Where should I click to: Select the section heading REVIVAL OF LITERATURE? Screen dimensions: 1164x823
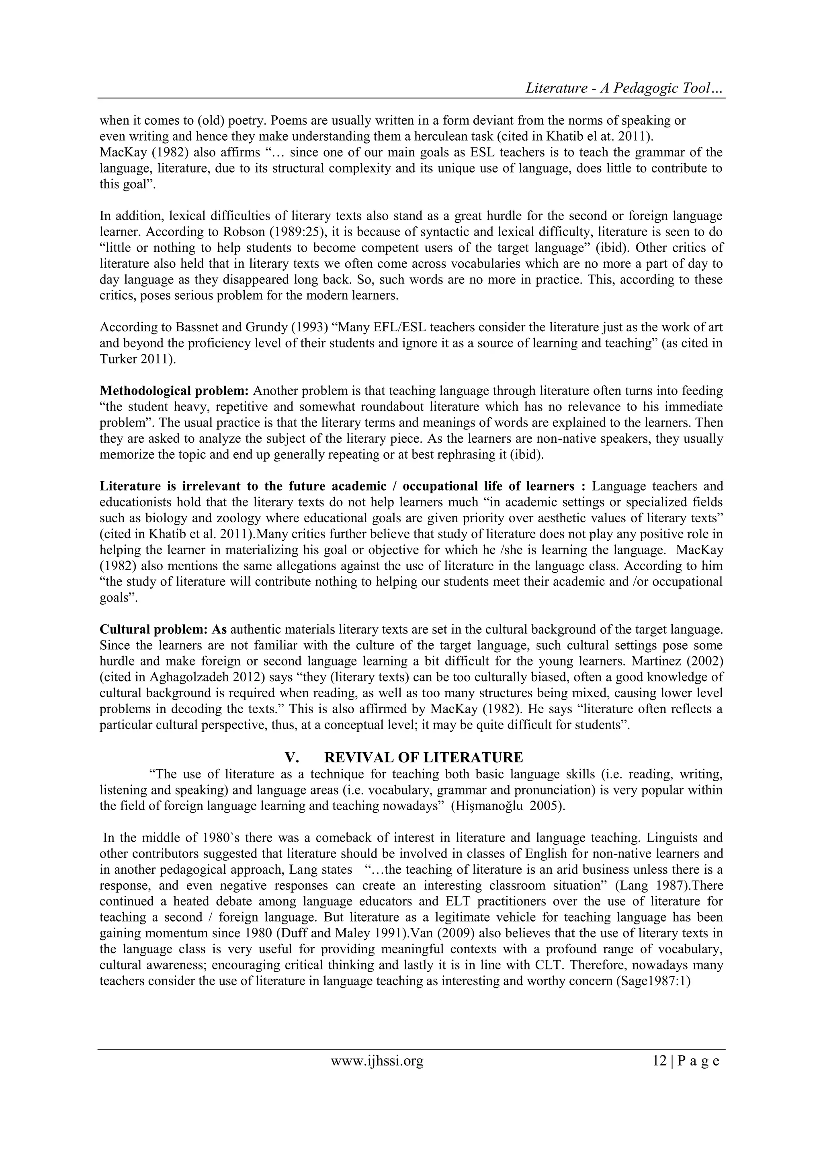coord(423,758)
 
